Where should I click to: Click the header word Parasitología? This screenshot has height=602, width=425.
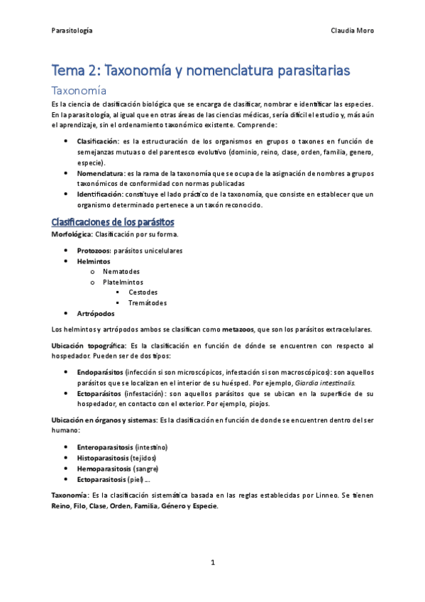pyautogui.click(x=72, y=31)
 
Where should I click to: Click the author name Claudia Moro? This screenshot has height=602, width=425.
pyautogui.click(x=352, y=31)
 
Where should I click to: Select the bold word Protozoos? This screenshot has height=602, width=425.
pyautogui.click(x=94, y=250)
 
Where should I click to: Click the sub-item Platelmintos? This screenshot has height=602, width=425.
pyautogui.click(x=123, y=282)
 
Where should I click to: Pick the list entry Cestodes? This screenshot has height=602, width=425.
pyautogui.click(x=143, y=292)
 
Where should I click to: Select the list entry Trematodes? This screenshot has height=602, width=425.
pyautogui.click(x=147, y=302)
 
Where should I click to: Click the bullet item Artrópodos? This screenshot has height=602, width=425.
pyautogui.click(x=95, y=313)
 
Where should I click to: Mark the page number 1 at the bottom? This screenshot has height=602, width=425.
pyautogui.click(x=212, y=563)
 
